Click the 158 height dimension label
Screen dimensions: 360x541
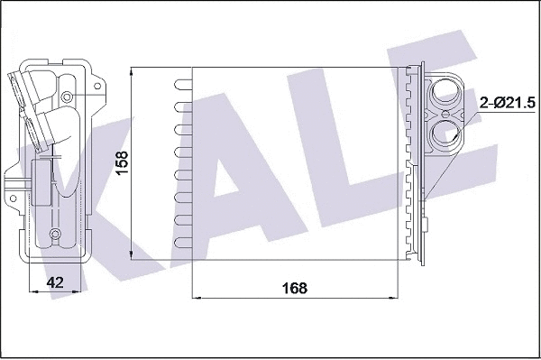tap(124, 162)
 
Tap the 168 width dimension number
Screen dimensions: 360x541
tap(295, 288)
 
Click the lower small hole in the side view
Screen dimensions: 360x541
tap(56, 235)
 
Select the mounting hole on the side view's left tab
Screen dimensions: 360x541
tap(12, 190)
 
